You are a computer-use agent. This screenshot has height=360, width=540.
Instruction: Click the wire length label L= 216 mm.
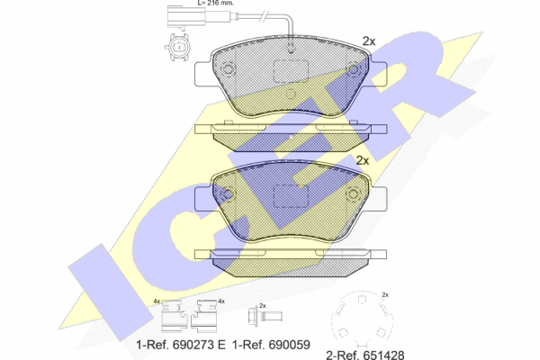point(216,3)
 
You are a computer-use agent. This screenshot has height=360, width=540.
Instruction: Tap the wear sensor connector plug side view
point(186,16)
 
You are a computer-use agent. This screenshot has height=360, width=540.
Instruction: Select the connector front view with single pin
point(176,47)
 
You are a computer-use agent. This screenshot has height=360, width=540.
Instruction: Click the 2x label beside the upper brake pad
point(368,41)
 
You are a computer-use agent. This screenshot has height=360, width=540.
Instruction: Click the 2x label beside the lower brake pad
point(363,160)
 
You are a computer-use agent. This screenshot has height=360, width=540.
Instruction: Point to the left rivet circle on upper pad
point(228,69)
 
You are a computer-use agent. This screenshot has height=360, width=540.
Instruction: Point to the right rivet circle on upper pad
point(354,69)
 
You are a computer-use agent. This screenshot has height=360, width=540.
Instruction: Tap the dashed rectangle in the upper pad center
point(291,71)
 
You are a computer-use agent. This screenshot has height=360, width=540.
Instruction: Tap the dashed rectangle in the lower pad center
point(291,196)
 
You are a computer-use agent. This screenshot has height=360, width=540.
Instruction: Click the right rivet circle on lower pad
point(354,194)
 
